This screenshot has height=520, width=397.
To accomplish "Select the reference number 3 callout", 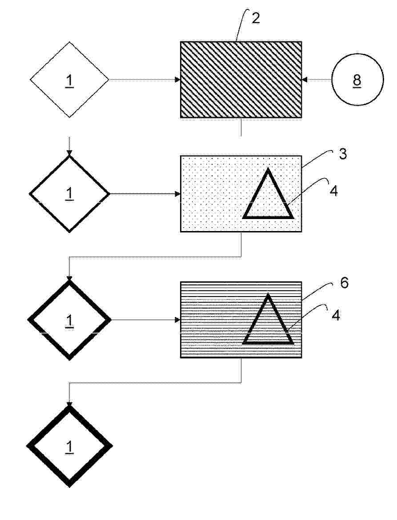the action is click(343, 154).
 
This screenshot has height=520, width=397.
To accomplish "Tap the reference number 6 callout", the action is click(344, 283).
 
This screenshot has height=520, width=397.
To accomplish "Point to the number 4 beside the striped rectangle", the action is click(336, 315).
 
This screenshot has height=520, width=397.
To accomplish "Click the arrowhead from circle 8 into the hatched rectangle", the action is click(305, 80).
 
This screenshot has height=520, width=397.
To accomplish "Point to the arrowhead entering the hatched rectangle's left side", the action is click(177, 80).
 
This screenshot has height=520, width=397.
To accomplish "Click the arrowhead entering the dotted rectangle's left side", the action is click(177, 194).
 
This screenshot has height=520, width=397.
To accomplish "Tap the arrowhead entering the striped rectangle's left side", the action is click(177, 320).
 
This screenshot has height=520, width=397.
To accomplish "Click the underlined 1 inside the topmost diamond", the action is click(69, 81).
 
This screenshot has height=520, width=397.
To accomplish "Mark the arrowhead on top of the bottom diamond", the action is click(69, 404).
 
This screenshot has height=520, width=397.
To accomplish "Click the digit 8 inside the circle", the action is click(357, 80).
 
